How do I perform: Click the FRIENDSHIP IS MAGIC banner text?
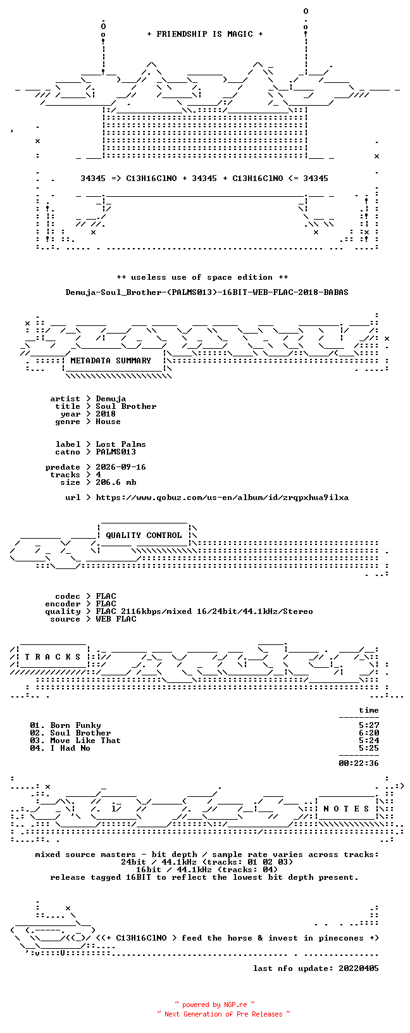click(x=205, y=34)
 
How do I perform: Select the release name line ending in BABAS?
click(x=207, y=292)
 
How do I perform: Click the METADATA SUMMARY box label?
click(x=111, y=361)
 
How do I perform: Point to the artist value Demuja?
click(x=111, y=399)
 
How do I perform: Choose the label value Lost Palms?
click(x=121, y=444)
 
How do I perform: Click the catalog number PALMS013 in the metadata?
click(x=116, y=452)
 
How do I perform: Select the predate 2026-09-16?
click(x=121, y=467)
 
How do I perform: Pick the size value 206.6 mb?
click(x=116, y=482)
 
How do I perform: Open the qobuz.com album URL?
click(x=222, y=498)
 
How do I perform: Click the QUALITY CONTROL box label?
click(x=144, y=535)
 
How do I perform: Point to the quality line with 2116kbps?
click(x=204, y=611)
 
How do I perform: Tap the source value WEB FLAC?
click(x=116, y=619)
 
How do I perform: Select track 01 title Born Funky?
click(x=76, y=725)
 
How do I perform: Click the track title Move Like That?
click(x=85, y=741)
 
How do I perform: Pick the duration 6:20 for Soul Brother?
click(x=369, y=733)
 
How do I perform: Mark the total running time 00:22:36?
click(x=359, y=763)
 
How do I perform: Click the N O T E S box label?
click(x=346, y=809)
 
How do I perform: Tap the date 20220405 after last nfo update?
click(x=359, y=968)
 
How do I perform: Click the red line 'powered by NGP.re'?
click(x=214, y=1005)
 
